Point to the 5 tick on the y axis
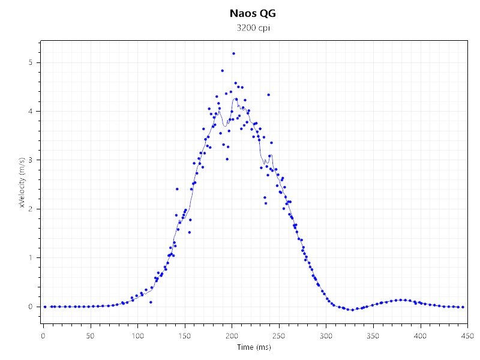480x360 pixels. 38,62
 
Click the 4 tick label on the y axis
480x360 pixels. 38,112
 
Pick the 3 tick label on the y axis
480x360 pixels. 38,160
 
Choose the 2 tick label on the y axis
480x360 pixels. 38,209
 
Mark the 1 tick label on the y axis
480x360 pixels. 38,258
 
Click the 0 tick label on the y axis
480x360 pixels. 38,307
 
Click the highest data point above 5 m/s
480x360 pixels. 233,53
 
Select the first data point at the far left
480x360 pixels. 45,307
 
